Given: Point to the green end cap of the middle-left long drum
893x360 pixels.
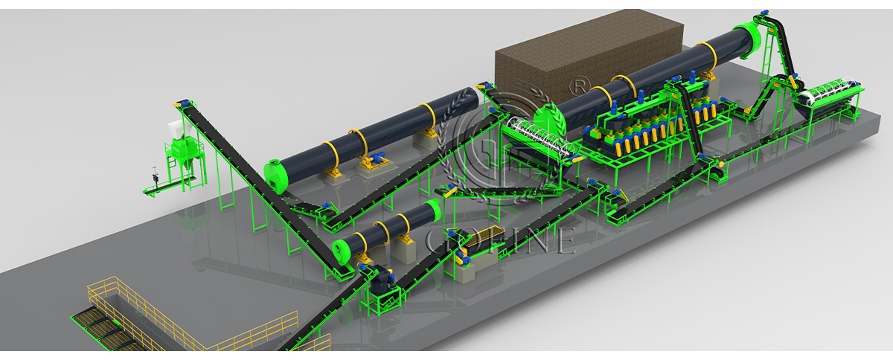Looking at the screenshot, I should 276,176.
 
